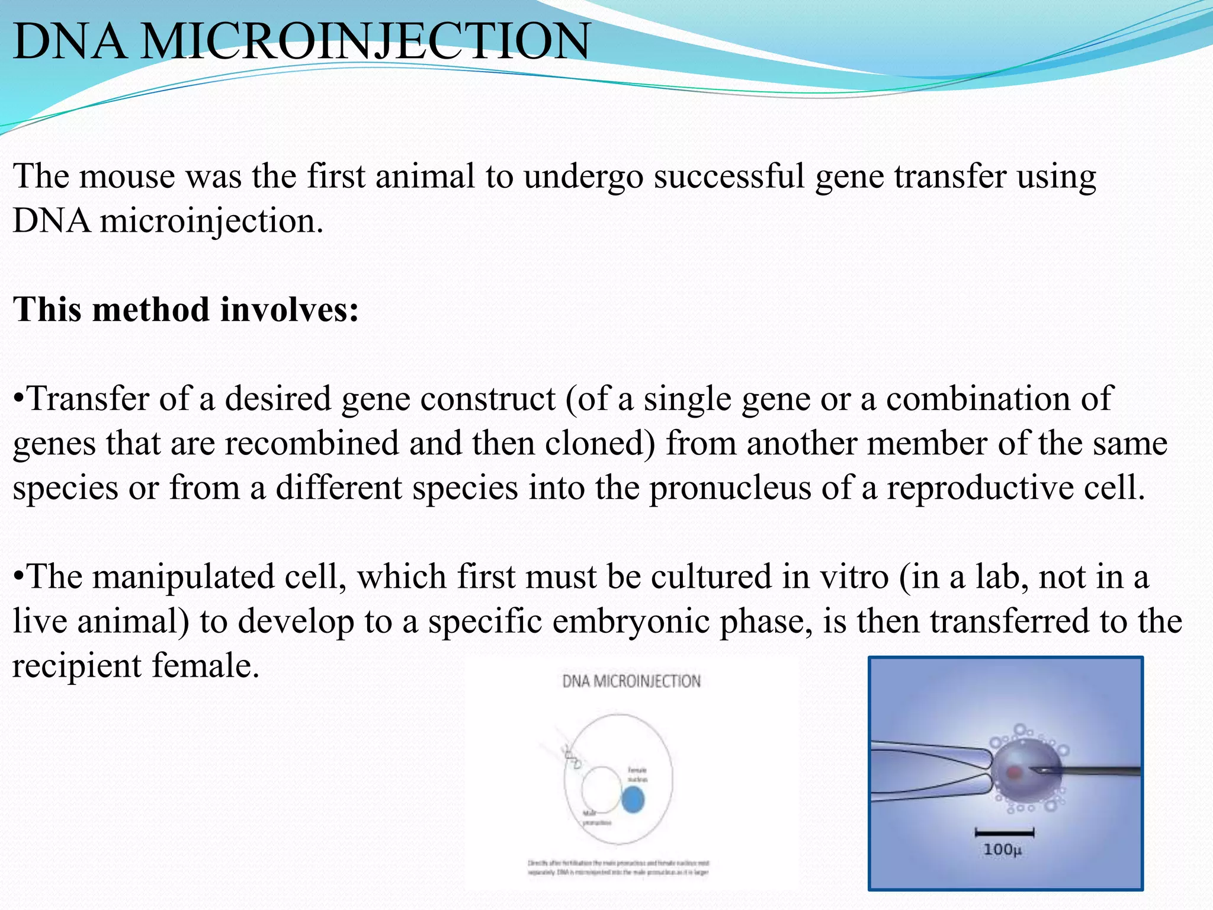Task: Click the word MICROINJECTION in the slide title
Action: tap(365, 41)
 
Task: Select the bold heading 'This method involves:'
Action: tap(185, 310)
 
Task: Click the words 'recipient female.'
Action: tap(136, 666)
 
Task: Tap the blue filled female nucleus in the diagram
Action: tap(633, 801)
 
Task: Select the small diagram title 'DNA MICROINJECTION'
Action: tap(631, 681)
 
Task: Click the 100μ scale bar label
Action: tap(1002, 850)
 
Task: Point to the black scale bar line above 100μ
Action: tap(1004, 833)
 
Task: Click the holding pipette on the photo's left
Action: tap(930, 770)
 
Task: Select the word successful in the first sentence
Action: tap(729, 177)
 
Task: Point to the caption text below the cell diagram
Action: tap(618, 868)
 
